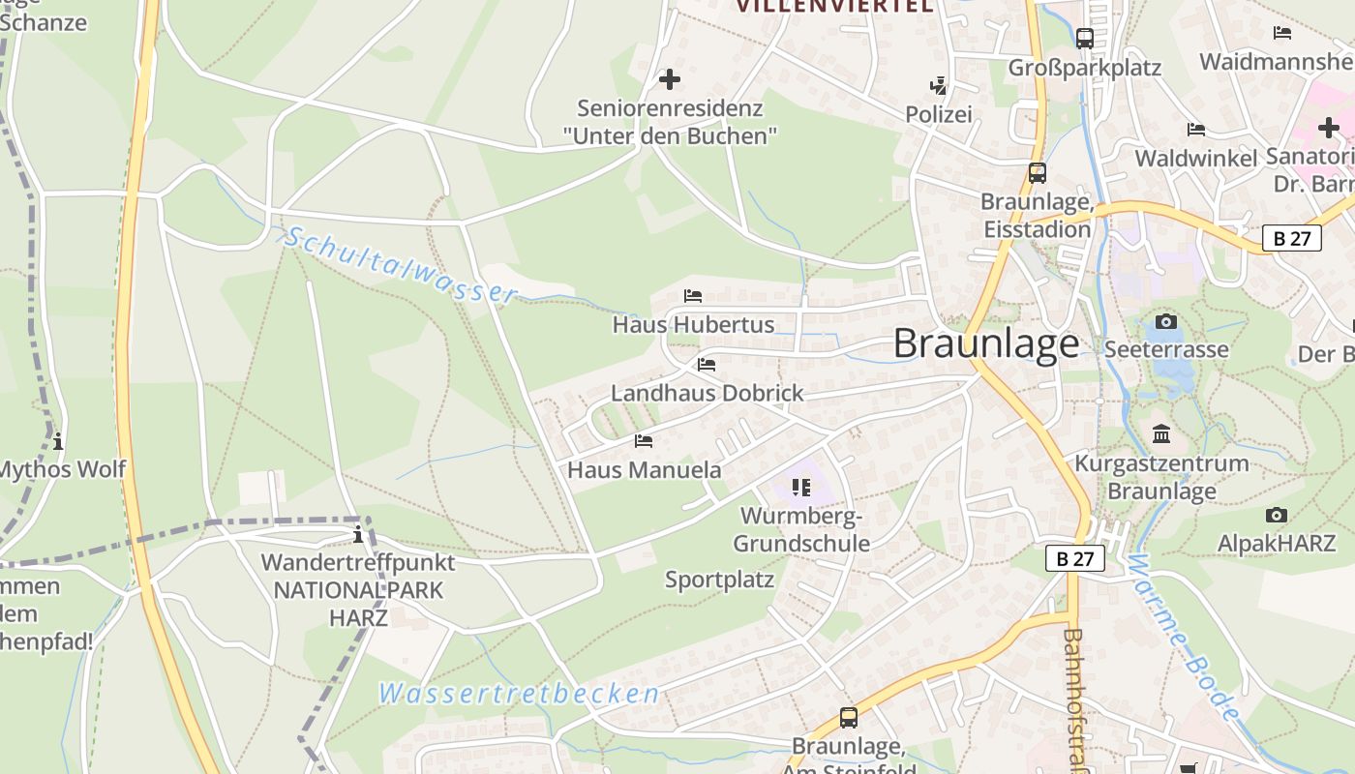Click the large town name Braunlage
point(985,343)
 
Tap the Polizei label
point(938,114)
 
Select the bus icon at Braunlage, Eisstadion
point(1038,173)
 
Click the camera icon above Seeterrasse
point(1166,321)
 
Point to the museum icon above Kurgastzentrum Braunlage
point(1160,433)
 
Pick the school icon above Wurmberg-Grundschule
point(800,487)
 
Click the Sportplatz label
point(719,580)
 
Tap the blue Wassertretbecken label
point(519,694)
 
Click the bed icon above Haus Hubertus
point(692,295)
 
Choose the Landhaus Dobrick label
point(707,393)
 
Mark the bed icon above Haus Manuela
point(643,441)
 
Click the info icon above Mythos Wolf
point(58,441)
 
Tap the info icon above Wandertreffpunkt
point(358,534)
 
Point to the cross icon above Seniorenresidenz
point(669,79)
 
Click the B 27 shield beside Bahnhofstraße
point(1074,558)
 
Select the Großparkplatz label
point(1084,68)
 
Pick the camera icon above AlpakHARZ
point(1277,515)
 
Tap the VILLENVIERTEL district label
point(834,6)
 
